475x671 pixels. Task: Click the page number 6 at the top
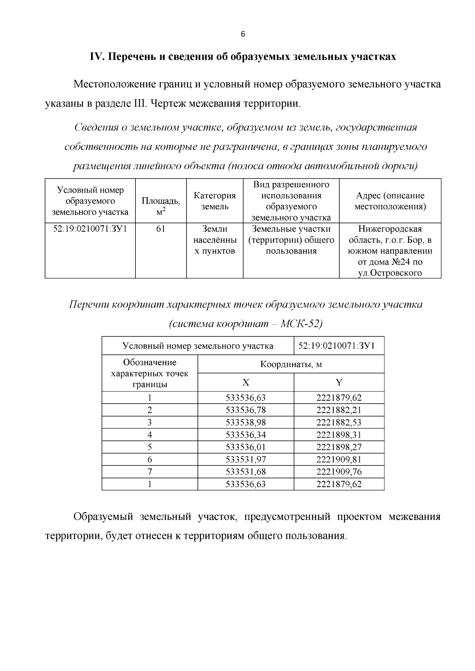[243, 34]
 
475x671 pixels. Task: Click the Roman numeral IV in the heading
[97, 57]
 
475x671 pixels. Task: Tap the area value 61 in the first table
[161, 229]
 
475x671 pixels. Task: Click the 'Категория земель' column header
[215, 201]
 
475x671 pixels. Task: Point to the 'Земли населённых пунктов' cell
[215, 240]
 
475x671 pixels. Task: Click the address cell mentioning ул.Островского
[390, 251]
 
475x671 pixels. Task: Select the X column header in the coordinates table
[246, 382]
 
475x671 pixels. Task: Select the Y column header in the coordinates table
[339, 382]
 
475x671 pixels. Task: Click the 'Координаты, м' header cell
[291, 364]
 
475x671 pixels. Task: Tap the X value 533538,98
[246, 422]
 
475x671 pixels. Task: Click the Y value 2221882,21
[339, 410]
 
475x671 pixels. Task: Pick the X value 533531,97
[246, 459]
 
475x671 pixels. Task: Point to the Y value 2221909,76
[339, 472]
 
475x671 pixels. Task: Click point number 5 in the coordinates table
[150, 447]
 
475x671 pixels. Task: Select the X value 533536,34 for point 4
[246, 435]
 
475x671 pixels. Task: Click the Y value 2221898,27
[339, 447]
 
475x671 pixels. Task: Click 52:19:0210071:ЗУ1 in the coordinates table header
[339, 346]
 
